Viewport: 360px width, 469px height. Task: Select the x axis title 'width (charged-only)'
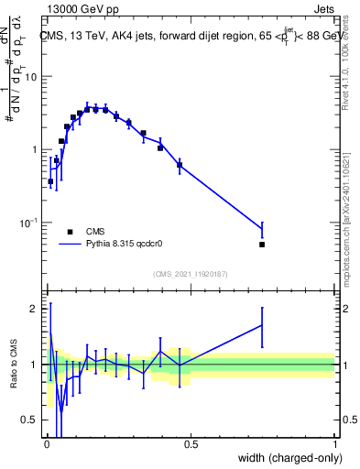coord(287,459)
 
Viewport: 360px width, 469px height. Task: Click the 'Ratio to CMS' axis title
coord(15,364)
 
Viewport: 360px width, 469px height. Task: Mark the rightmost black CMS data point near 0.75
coord(262,245)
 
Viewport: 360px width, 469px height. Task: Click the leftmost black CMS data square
coord(50,181)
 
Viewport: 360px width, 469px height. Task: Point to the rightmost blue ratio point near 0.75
coord(262,325)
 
